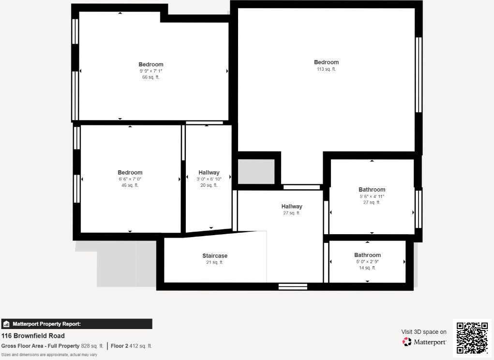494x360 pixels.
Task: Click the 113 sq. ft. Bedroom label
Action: [x=326, y=62]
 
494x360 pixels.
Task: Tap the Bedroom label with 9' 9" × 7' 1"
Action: [x=151, y=65]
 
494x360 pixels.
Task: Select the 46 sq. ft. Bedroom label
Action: [x=130, y=173]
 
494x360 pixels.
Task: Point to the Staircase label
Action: [x=215, y=256]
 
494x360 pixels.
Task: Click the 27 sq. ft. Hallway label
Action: [x=292, y=207]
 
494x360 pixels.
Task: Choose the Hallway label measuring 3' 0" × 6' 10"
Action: [x=209, y=173]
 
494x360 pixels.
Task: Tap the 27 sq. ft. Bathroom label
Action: [x=372, y=190]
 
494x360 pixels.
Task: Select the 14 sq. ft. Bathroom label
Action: [x=367, y=255]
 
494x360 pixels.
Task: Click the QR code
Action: [x=472, y=337]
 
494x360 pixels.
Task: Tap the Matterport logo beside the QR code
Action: [x=424, y=342]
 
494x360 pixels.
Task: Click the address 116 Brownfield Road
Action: [x=33, y=336]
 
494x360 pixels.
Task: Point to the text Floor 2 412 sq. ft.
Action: [x=131, y=346]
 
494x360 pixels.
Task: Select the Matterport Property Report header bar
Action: [x=76, y=324]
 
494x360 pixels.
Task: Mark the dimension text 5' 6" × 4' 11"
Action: [x=372, y=196]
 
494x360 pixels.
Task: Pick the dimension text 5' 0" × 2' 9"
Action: [x=367, y=262]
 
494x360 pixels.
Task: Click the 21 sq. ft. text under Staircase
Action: [x=215, y=263]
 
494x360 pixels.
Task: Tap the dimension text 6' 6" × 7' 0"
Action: [x=130, y=179]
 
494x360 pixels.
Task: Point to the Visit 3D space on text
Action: [x=424, y=332]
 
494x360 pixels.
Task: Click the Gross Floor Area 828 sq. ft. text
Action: [x=52, y=346]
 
